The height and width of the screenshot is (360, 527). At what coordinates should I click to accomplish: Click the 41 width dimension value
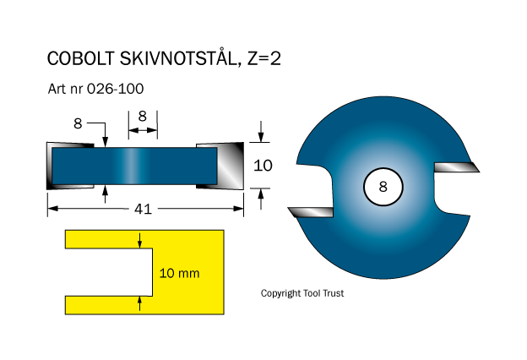[143, 209]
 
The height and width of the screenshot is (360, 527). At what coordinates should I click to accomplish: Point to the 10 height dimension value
[263, 166]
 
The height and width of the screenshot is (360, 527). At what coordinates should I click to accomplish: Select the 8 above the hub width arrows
[142, 116]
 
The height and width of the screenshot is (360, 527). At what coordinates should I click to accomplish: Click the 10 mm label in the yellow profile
[179, 273]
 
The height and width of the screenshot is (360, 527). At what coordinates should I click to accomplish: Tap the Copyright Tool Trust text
[302, 293]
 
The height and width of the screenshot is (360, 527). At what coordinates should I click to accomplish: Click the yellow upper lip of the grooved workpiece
[144, 239]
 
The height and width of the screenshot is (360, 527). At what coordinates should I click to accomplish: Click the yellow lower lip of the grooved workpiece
[144, 304]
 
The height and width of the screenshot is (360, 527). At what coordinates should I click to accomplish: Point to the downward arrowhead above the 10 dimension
[262, 139]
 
